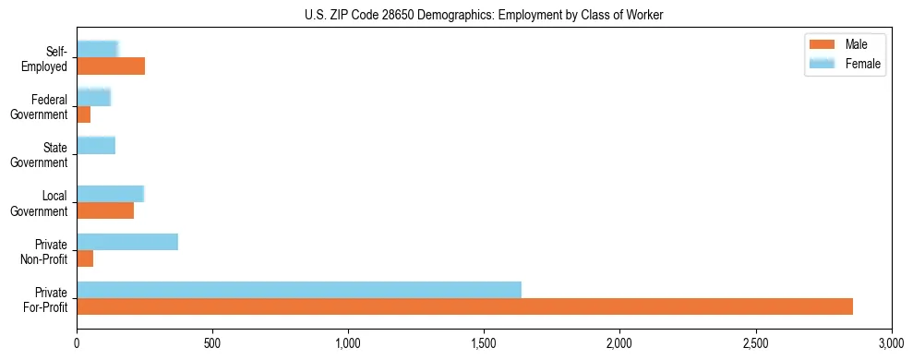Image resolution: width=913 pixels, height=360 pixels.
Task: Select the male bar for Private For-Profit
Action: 464,306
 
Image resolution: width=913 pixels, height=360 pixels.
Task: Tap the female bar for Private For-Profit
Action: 299,290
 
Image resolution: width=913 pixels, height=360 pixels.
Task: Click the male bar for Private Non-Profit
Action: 85,258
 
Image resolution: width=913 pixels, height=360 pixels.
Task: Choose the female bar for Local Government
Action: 111,194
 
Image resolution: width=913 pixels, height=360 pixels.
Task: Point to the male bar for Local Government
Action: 105,210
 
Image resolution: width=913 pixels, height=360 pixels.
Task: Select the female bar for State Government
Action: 96,146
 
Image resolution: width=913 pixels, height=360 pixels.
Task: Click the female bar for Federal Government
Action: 94,97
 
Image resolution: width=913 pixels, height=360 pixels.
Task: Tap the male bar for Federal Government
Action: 84,114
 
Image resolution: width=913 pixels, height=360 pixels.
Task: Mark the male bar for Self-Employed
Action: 111,66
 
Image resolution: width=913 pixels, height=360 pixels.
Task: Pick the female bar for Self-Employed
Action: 98,49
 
